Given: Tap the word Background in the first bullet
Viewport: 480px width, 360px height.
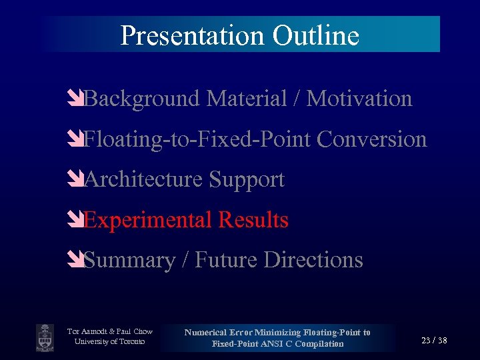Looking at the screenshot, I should coord(143,99).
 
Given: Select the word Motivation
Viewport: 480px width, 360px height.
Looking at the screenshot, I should coord(359,99).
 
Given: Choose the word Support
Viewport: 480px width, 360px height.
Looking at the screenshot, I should coord(247,179).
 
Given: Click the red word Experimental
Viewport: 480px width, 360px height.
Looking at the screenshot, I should coord(147,220).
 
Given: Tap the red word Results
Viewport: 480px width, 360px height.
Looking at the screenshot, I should coord(253,220).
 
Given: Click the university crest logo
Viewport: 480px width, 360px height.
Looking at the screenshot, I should coord(45,337).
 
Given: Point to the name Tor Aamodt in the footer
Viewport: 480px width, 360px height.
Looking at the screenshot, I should coord(89,331).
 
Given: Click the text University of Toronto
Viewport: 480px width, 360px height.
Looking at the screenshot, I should coord(109,342).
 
